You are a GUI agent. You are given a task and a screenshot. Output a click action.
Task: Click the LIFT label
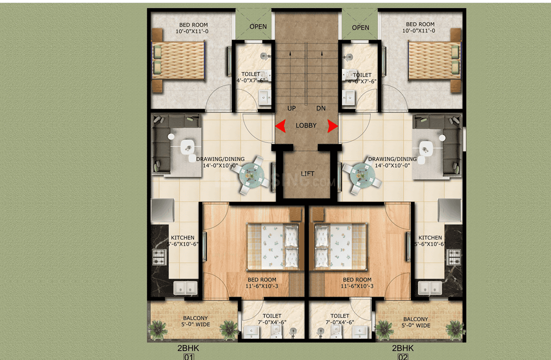pos(307,173)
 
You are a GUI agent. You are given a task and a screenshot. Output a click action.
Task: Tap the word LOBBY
pos(306,126)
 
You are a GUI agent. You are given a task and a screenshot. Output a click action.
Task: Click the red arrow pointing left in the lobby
pos(280,126)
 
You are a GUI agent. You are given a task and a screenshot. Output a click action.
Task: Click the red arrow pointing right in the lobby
pos(332,126)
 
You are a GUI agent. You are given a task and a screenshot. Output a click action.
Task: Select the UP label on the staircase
pos(292,109)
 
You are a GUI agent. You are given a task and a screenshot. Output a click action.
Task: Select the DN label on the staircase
pos(321,109)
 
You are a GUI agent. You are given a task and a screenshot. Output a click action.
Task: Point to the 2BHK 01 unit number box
pos(188,357)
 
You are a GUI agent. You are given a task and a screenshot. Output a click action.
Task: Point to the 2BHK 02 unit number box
pos(403,357)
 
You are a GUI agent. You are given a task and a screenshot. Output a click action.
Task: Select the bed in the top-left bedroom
pos(179,60)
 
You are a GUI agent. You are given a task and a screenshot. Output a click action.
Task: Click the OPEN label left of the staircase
pos(258,27)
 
